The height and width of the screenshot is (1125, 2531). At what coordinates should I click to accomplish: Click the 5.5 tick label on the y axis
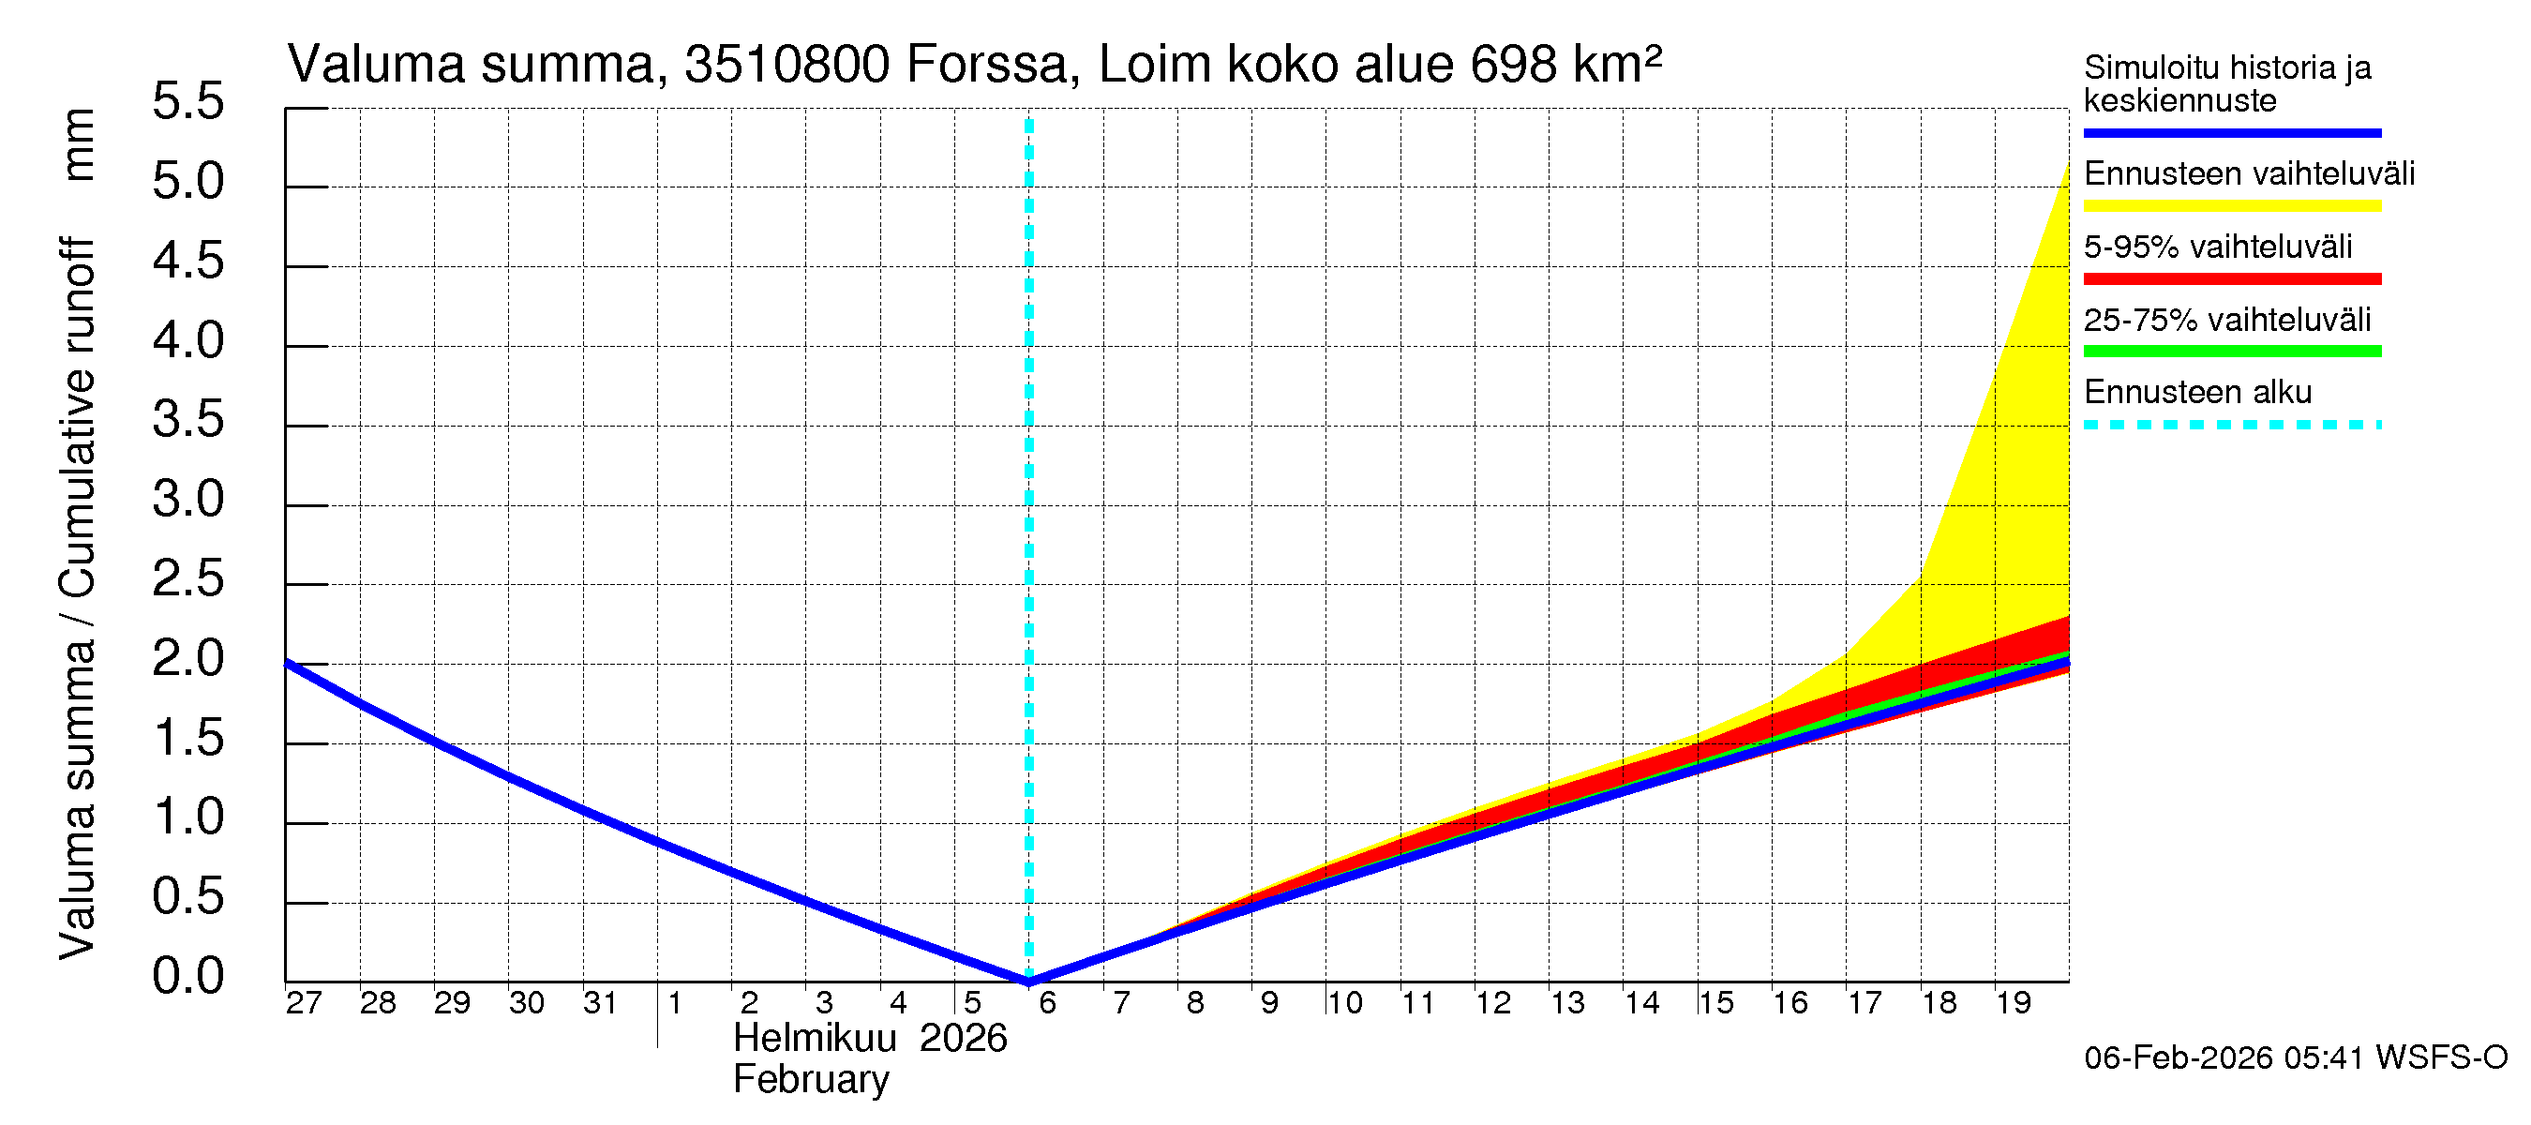point(187,102)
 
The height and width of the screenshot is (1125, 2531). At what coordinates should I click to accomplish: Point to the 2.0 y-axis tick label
point(187,658)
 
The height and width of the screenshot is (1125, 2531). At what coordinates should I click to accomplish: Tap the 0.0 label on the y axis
point(187,976)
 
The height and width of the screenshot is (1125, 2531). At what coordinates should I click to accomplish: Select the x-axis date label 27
point(304,1002)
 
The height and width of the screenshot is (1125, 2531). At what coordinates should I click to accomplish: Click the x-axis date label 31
point(600,1002)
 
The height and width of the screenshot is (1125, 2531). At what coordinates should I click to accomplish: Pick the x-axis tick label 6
point(1047,1002)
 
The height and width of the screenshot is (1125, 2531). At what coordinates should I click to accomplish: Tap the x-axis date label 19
point(2014,1002)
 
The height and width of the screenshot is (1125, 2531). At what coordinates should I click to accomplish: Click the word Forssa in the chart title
point(985,65)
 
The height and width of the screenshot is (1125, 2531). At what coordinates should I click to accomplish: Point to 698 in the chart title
point(1513,65)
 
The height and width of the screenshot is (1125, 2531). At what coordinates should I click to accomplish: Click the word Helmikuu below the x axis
point(815,1039)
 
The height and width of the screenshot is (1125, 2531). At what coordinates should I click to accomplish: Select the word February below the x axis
point(811,1080)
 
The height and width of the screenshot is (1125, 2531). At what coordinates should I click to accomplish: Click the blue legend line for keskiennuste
point(2231,132)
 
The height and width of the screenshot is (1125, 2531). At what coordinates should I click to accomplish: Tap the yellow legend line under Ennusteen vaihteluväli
point(2231,206)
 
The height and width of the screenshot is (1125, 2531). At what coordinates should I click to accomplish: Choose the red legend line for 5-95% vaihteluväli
point(2231,279)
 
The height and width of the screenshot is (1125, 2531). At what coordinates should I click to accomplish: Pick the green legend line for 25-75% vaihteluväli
point(2231,352)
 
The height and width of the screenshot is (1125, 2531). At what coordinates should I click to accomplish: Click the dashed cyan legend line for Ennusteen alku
point(2231,426)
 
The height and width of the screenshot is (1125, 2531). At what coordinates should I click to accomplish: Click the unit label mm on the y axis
point(79,144)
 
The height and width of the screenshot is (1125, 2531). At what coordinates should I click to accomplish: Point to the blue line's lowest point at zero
point(1028,980)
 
